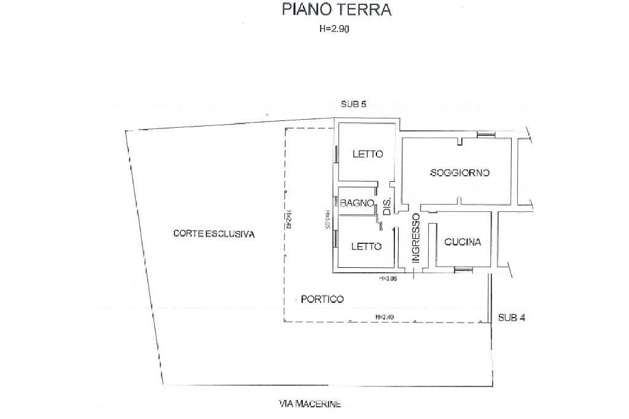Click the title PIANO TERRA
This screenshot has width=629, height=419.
click(x=336, y=10)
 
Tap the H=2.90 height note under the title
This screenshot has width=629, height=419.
click(x=335, y=28)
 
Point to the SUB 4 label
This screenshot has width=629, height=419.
click(x=511, y=318)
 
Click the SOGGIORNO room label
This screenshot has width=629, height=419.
click(x=460, y=173)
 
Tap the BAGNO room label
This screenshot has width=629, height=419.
click(x=357, y=203)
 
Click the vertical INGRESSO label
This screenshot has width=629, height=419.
click(x=416, y=238)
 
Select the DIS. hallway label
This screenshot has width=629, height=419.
click(x=388, y=207)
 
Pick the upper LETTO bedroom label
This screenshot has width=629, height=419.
click(x=367, y=154)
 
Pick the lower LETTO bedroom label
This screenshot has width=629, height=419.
click(x=367, y=246)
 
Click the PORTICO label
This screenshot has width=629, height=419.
click(x=322, y=299)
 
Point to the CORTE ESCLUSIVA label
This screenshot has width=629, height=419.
click(x=214, y=233)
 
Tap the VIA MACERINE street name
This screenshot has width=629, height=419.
click(x=310, y=404)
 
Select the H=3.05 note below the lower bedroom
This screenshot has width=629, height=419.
click(x=389, y=278)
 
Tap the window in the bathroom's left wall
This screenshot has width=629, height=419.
click(x=337, y=202)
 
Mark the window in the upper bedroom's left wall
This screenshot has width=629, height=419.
click(x=336, y=153)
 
